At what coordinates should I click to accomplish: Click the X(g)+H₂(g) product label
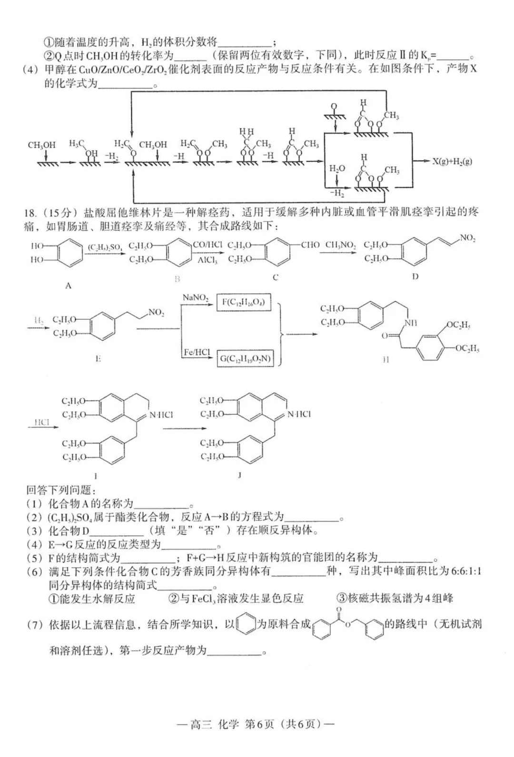[452, 161]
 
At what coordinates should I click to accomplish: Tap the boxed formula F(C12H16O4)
[244, 302]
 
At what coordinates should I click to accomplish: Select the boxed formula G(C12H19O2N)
[245, 359]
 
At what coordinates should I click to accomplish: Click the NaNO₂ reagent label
[196, 298]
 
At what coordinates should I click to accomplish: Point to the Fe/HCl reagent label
[197, 353]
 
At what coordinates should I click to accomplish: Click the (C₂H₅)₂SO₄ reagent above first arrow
[105, 247]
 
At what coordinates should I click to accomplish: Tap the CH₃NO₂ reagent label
[340, 245]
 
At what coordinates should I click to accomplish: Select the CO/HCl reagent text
[208, 245]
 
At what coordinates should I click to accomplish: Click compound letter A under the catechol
[68, 286]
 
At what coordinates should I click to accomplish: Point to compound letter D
[415, 277]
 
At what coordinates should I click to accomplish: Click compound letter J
[239, 475]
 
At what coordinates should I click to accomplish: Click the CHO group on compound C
[310, 245]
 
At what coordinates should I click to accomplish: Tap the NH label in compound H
[410, 323]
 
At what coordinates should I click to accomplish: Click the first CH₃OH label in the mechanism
[41, 145]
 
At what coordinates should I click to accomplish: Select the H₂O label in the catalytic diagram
[336, 168]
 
